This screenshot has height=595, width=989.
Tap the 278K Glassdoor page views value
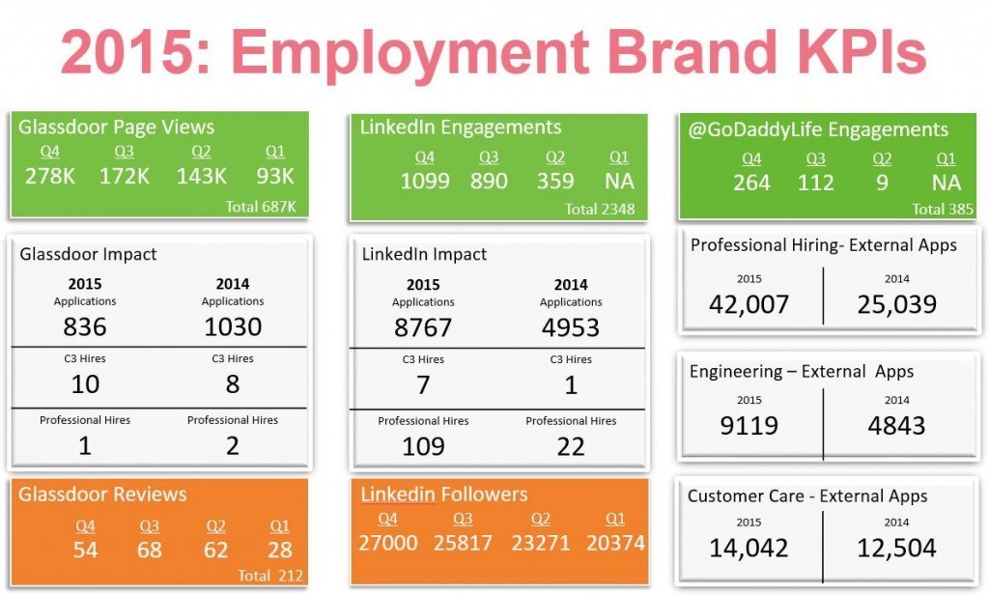tap(49, 177)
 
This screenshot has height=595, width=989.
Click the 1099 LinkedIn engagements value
tap(425, 181)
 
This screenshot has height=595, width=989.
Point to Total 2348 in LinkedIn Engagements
tap(599, 209)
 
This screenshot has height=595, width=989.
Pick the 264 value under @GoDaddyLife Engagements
tap(751, 182)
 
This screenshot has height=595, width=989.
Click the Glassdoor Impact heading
tap(88, 254)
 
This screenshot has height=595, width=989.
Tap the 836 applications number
tap(85, 327)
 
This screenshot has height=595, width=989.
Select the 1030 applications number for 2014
tap(233, 327)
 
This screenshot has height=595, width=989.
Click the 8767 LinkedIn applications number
tap(423, 327)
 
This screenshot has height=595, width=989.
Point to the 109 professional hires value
tap(423, 446)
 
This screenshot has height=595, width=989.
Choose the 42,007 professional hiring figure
tap(749, 304)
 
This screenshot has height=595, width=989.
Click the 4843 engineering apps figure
tap(896, 425)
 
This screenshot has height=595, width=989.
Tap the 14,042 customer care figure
tap(749, 548)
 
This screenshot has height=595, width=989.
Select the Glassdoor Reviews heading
tap(102, 495)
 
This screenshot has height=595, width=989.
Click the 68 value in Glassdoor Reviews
tap(150, 550)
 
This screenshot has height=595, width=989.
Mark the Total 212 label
tap(270, 576)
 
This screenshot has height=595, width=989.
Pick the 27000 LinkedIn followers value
tap(386, 543)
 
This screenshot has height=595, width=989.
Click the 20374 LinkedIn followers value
tap(614, 543)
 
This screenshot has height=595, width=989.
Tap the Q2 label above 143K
tap(202, 152)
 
